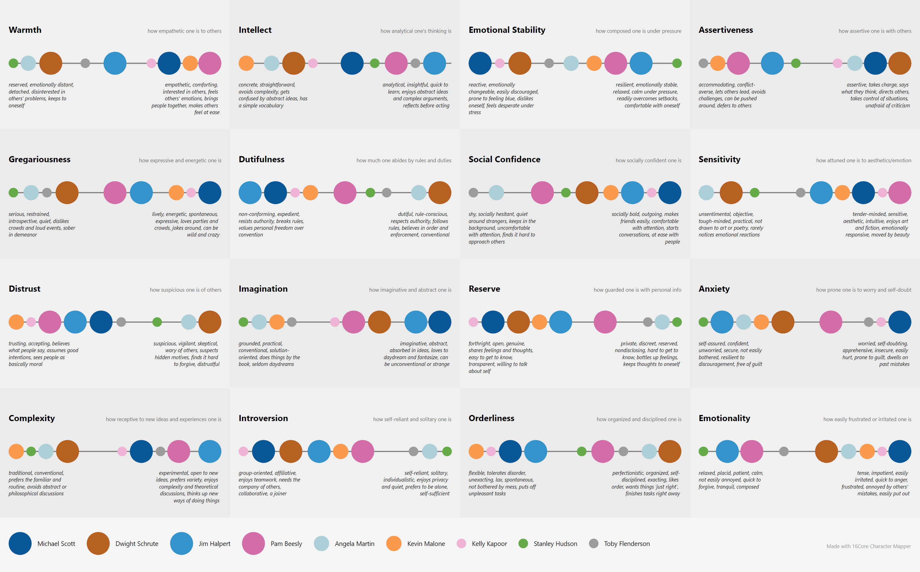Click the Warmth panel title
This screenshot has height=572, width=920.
tap(25, 30)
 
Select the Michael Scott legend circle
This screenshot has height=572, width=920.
tap(20, 543)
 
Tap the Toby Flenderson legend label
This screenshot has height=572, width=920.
tap(627, 543)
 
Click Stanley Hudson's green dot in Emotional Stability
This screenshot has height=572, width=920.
tap(677, 63)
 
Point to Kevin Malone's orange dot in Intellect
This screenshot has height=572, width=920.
tap(246, 63)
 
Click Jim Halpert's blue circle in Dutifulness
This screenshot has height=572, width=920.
tap(250, 193)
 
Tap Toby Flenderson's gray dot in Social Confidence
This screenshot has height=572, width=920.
tap(473, 193)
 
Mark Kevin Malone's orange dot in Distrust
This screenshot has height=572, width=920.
tap(16, 322)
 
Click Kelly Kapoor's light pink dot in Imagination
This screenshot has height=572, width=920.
tap(335, 322)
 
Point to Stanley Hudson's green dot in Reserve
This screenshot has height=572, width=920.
tap(677, 322)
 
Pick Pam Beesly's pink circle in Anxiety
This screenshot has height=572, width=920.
tap(831, 322)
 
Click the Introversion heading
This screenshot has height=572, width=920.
tap(263, 418)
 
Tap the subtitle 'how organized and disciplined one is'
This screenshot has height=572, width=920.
tap(639, 419)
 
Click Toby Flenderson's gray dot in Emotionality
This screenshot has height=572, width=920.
tap(784, 451)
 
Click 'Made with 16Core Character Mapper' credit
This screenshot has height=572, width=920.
tap(868, 546)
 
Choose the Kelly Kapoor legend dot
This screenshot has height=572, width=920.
tap(461, 543)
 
